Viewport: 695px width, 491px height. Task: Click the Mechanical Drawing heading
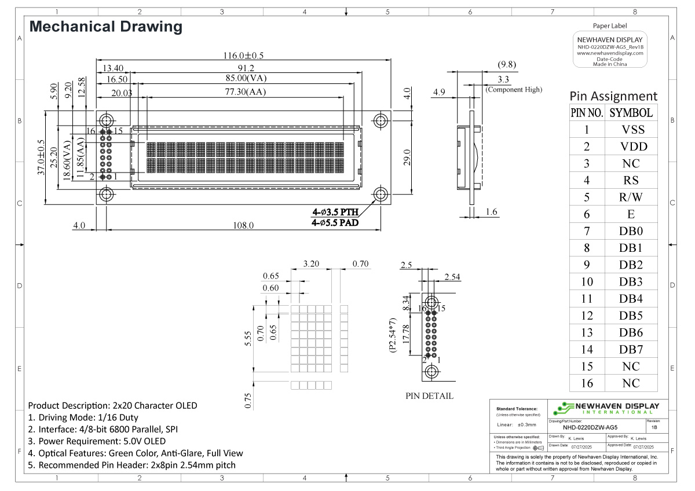tap(105, 27)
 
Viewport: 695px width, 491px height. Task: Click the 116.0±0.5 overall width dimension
tap(243, 56)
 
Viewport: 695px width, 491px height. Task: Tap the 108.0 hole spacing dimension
tap(243, 225)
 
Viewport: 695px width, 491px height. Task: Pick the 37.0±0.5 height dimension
tap(41, 157)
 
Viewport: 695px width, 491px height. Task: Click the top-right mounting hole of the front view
tap(381, 120)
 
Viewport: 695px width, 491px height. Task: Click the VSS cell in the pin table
tap(632, 130)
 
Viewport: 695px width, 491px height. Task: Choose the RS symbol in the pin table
tap(632, 181)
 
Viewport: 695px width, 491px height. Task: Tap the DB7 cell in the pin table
tap(632, 349)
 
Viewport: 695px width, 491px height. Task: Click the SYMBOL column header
tap(632, 113)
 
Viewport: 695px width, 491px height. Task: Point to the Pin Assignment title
tap(613, 96)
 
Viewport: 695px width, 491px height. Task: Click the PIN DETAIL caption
tap(429, 397)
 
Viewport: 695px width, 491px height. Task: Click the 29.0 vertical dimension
tap(407, 157)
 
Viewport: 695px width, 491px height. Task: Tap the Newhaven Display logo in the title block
tap(606, 408)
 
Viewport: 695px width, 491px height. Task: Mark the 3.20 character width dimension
tap(311, 265)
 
